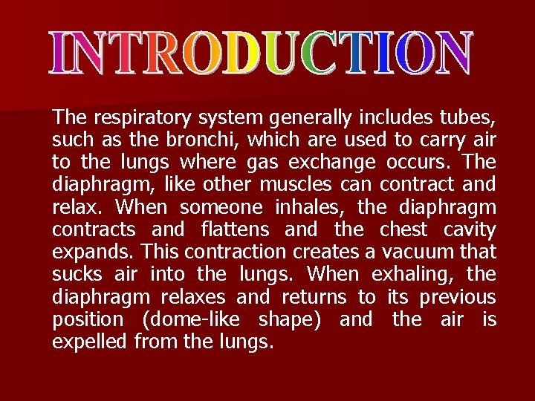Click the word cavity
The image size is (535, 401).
coord(468,229)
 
